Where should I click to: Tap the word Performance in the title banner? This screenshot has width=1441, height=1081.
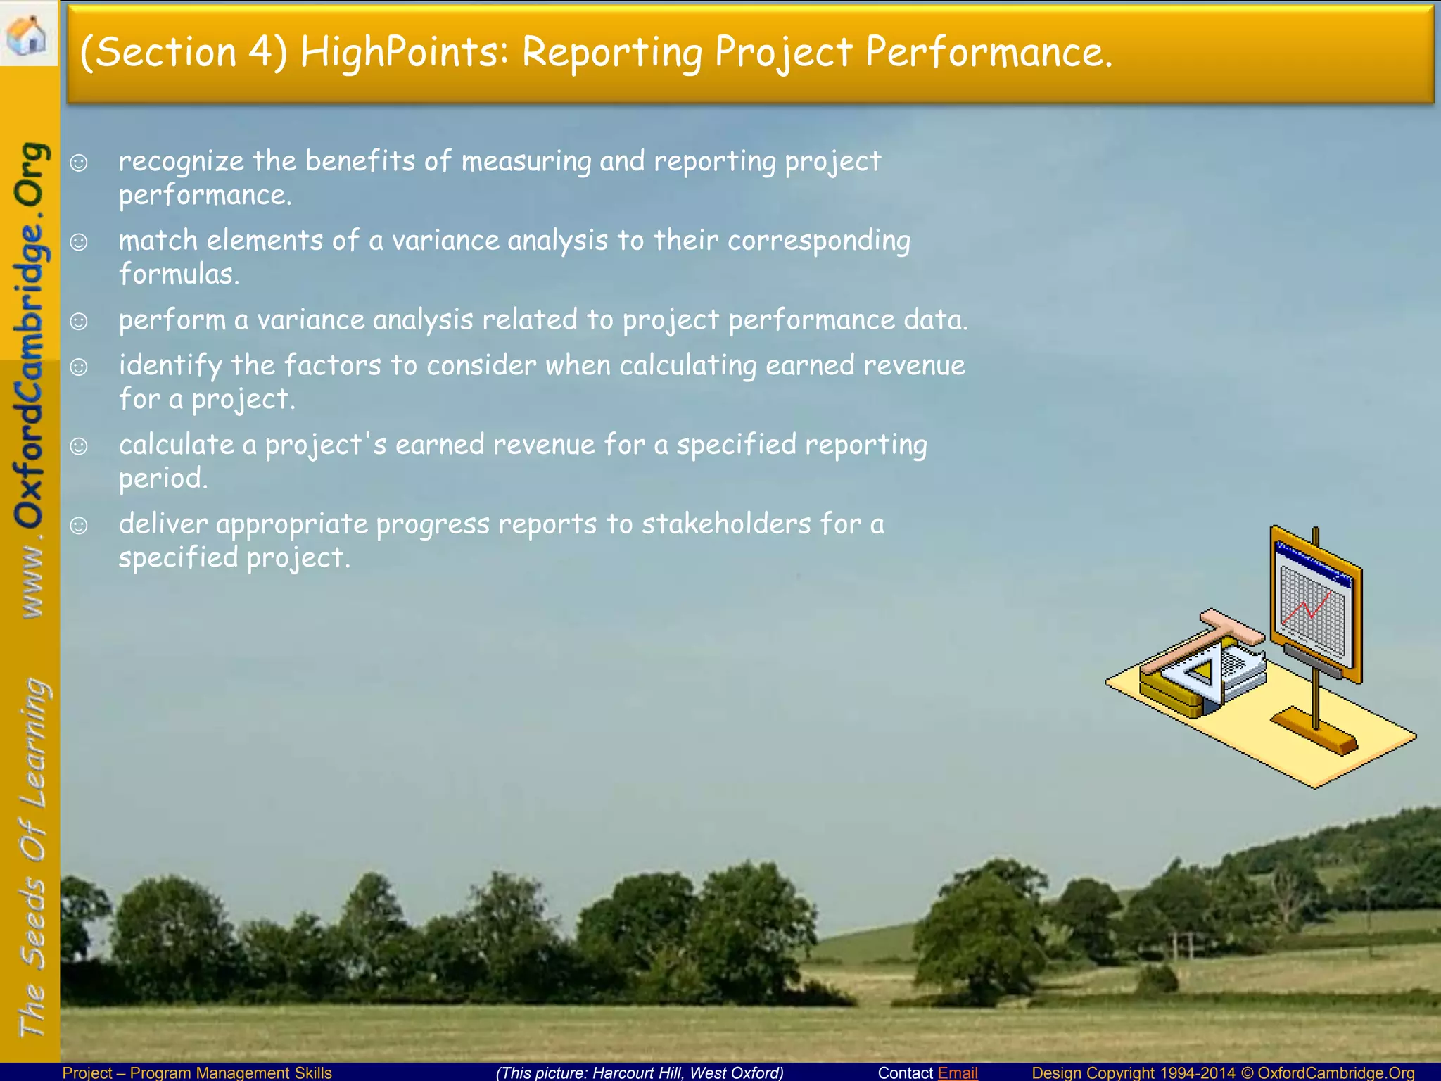[988, 52]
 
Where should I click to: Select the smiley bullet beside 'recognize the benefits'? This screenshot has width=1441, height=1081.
[79, 163]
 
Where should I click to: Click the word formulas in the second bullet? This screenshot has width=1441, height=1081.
[179, 274]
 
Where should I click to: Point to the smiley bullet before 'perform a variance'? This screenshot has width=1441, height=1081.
[79, 322]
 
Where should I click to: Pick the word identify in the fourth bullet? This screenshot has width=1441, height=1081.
[170, 366]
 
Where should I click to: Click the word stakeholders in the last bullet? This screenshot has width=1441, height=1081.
[726, 524]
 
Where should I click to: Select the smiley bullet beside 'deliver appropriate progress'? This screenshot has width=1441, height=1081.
[79, 526]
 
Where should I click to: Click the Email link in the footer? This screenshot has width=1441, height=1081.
[958, 1073]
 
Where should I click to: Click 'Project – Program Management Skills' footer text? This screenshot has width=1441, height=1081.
[197, 1073]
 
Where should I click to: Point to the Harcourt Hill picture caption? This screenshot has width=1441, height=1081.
[640, 1073]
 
